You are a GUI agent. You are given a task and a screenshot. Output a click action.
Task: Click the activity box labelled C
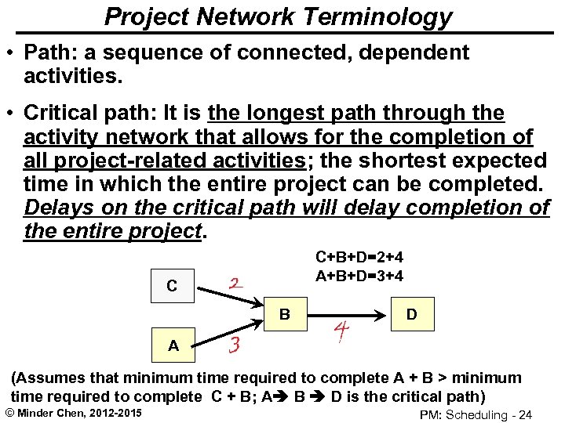pyautogui.click(x=172, y=286)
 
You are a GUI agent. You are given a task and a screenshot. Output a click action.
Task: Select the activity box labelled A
pyautogui.click(x=173, y=345)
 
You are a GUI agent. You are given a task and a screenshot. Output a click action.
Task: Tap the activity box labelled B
pyautogui.click(x=286, y=315)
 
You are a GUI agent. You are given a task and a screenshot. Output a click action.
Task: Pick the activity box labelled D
pyautogui.click(x=411, y=315)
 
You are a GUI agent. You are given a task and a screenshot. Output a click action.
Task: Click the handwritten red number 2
pyautogui.click(x=235, y=283)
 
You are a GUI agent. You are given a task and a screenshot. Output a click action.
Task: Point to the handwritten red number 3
pyautogui.click(x=234, y=344)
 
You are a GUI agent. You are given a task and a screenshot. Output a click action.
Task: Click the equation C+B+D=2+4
pyautogui.click(x=359, y=257)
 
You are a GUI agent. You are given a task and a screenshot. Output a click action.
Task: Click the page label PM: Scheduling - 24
pyautogui.click(x=476, y=414)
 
